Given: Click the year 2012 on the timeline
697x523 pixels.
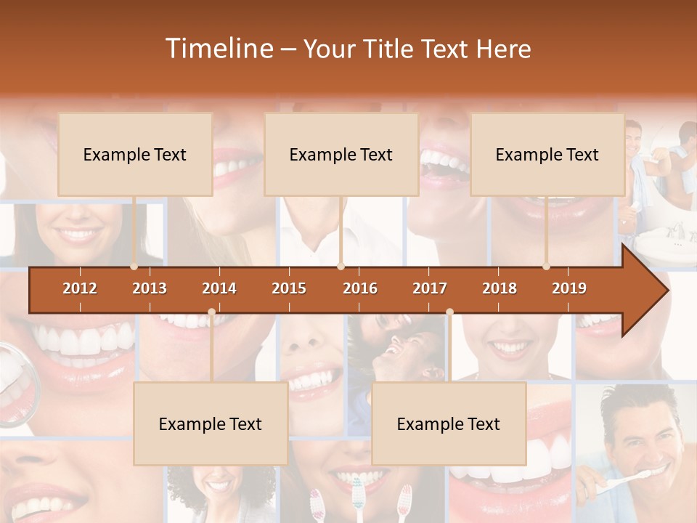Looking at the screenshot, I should [x=80, y=288].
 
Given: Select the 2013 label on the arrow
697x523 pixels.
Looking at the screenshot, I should [x=150, y=288].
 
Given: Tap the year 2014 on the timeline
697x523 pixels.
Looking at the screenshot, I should [x=219, y=288].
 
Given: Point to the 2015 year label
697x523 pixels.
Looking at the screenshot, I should [x=289, y=288].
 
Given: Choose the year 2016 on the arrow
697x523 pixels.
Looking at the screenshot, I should [x=360, y=288].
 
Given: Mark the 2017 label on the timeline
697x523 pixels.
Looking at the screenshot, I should [x=430, y=288].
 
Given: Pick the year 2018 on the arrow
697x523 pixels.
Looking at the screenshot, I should [x=500, y=288].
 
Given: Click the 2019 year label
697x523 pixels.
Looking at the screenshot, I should [x=569, y=288].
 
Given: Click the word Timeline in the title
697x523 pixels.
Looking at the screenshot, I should [x=219, y=49].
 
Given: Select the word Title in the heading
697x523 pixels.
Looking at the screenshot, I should [x=391, y=49].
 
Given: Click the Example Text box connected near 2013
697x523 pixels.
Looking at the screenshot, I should [x=135, y=154].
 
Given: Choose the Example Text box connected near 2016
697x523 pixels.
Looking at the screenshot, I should [x=341, y=154].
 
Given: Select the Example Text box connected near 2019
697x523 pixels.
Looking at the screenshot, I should [x=547, y=154].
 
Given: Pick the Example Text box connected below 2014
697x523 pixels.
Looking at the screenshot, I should [x=211, y=423].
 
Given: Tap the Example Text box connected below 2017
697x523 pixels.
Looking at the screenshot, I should [x=449, y=423].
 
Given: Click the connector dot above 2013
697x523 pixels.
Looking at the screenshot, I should [x=134, y=267].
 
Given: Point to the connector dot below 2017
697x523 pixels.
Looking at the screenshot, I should [x=449, y=312].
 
